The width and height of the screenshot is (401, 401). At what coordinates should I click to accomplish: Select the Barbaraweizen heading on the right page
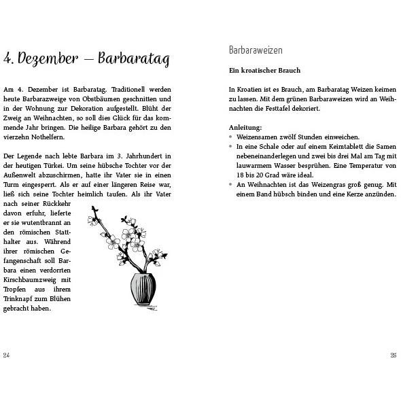[x=256, y=50]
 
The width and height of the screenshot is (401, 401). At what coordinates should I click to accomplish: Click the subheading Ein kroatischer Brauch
[x=264, y=70]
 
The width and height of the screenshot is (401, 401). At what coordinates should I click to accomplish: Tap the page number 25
[x=394, y=355]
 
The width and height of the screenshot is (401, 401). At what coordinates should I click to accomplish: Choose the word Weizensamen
[x=258, y=137]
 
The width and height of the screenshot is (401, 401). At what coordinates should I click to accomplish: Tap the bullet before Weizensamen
[x=231, y=137]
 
